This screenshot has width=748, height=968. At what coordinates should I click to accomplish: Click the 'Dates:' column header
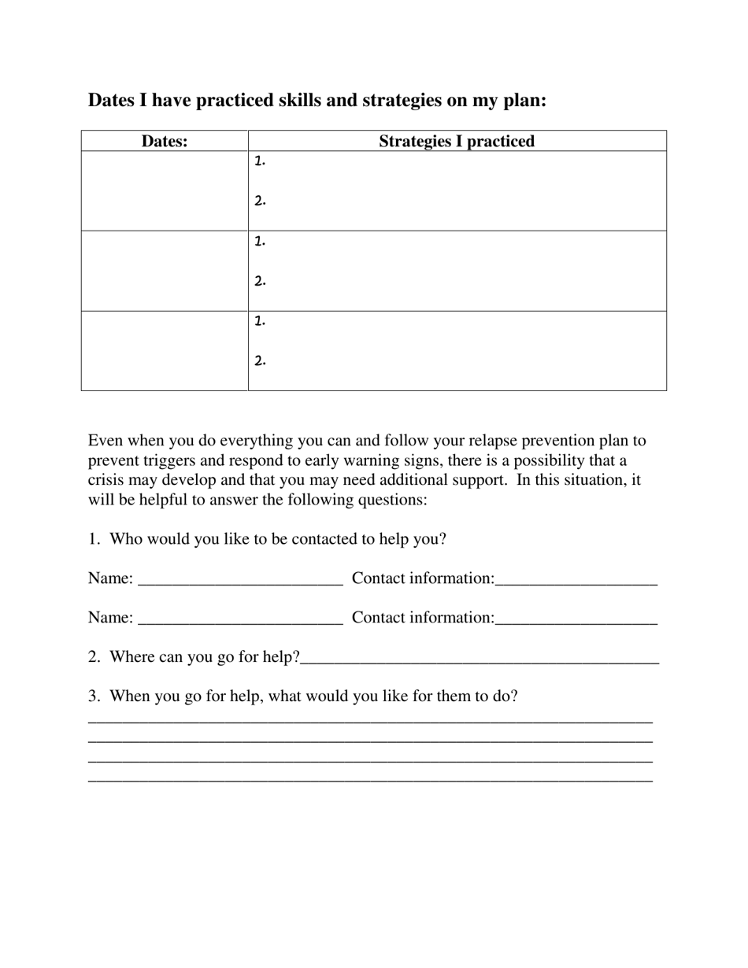pyautogui.click(x=165, y=142)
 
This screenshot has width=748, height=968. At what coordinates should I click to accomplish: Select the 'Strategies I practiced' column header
pyautogui.click(x=457, y=142)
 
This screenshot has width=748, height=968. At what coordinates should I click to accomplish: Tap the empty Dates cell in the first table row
pyautogui.click(x=165, y=190)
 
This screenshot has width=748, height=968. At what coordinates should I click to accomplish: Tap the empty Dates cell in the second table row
pyautogui.click(x=165, y=271)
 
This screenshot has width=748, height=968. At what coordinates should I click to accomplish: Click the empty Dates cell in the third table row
pyautogui.click(x=165, y=350)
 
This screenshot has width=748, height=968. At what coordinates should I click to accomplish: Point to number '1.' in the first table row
pyautogui.click(x=261, y=161)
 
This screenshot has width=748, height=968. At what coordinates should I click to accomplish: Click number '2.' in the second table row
pyautogui.click(x=261, y=281)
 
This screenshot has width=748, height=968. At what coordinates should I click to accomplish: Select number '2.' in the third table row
pyautogui.click(x=261, y=361)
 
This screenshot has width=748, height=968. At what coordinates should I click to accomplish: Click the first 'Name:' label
pyautogui.click(x=110, y=578)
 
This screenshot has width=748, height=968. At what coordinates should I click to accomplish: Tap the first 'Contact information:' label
pyautogui.click(x=423, y=578)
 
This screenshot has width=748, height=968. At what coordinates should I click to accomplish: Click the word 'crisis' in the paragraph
pyautogui.click(x=106, y=480)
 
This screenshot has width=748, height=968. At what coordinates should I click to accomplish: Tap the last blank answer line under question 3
pyautogui.click(x=370, y=780)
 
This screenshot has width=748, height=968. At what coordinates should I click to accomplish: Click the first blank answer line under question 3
pyautogui.click(x=370, y=721)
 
